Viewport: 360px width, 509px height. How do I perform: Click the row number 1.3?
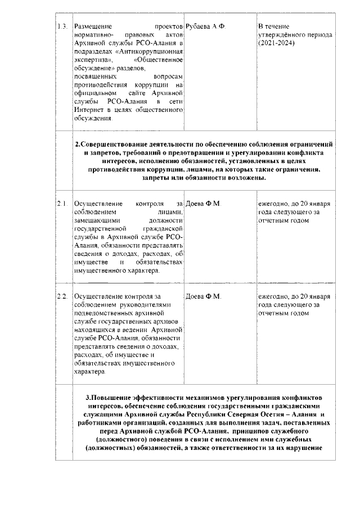63,27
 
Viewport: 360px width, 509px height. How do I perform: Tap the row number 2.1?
62,203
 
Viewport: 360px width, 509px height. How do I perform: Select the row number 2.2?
62,296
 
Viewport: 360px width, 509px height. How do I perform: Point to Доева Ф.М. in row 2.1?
204,203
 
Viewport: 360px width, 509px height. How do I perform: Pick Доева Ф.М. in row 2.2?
204,296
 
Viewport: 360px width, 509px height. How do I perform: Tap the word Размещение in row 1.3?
93,27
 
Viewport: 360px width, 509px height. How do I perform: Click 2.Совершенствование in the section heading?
115,143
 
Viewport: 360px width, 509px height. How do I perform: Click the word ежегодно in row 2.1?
274,203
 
